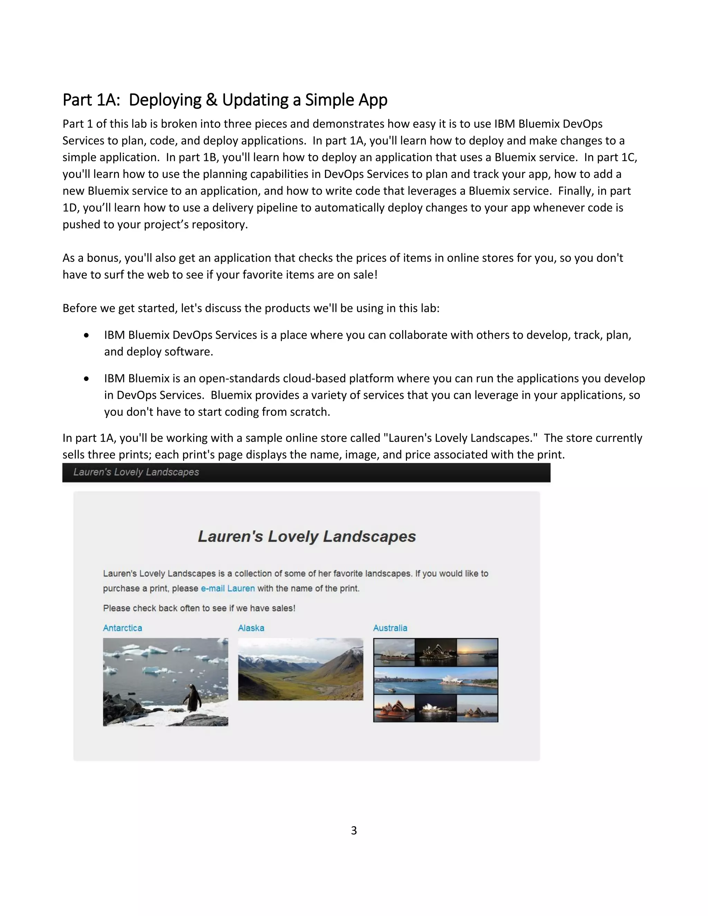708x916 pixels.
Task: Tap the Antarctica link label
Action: coord(122,628)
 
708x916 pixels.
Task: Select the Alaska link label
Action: coord(251,628)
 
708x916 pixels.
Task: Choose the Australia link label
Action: coord(390,628)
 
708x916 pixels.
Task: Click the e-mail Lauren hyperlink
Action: coord(228,588)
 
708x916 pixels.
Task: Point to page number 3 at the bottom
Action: coord(354,830)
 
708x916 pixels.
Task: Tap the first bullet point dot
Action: coord(86,335)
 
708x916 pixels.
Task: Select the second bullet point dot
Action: coord(86,378)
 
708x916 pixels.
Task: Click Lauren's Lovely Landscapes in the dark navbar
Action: coord(136,472)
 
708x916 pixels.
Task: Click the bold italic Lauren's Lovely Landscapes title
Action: coord(307,536)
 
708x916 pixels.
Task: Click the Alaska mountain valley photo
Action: coord(300,669)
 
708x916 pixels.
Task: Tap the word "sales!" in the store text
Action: coord(283,608)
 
